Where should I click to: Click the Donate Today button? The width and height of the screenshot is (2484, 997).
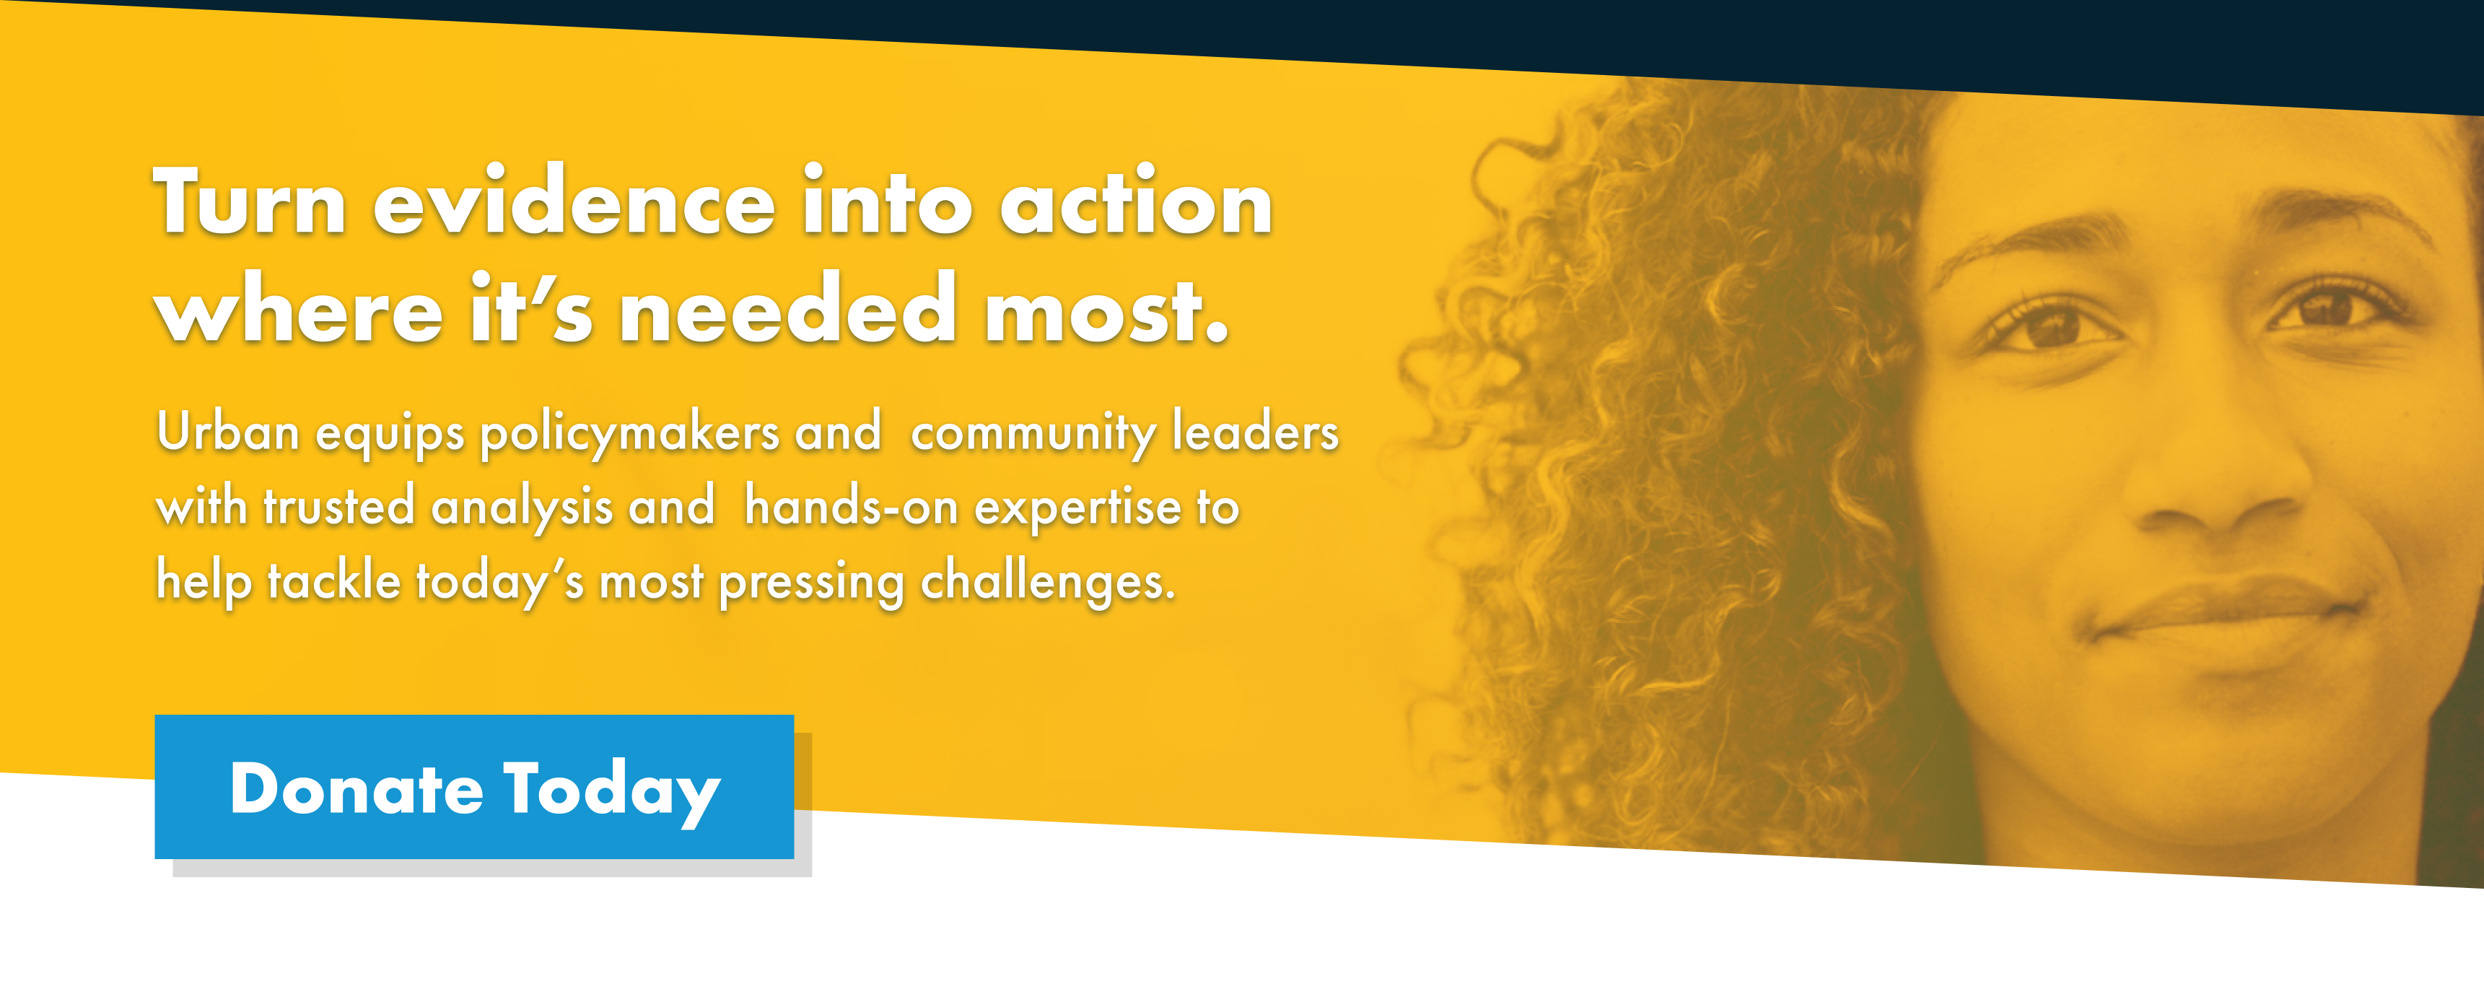473,787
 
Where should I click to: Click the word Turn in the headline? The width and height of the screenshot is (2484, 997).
249,202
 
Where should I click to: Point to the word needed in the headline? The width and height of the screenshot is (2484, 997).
787,310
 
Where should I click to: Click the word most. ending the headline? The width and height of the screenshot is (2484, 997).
1106,310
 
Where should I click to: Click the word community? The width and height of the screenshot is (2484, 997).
1032,433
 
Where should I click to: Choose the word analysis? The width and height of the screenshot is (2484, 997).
522,508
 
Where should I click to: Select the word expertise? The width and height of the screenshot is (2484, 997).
1077,508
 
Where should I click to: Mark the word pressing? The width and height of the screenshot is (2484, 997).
811,583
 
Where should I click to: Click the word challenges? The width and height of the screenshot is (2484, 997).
1047,583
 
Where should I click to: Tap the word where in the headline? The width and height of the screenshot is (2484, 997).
299,310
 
